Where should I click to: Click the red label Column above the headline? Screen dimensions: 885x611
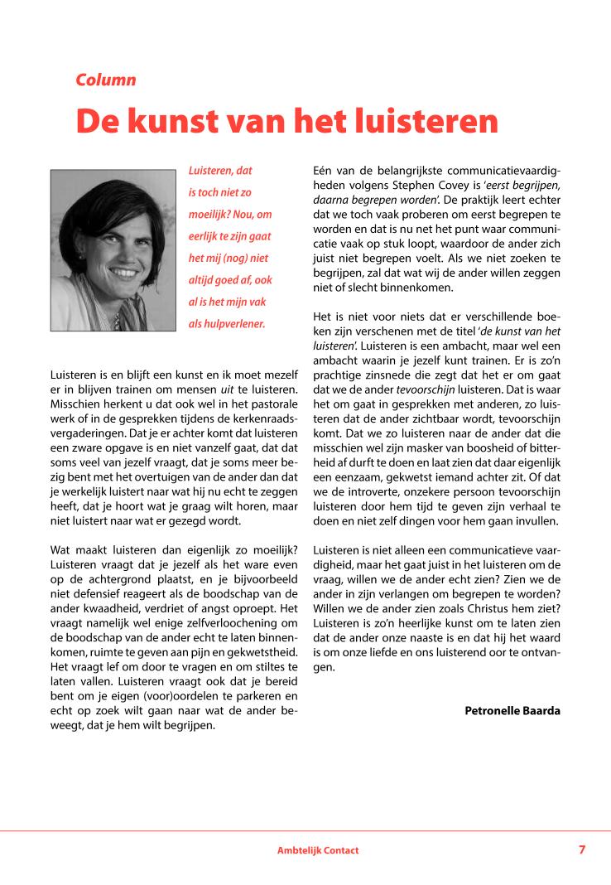pos(105,80)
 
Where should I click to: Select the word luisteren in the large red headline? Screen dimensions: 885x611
pos(426,121)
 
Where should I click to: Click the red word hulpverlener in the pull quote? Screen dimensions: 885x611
pos(238,323)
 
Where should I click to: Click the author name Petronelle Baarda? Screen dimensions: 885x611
pos(512,710)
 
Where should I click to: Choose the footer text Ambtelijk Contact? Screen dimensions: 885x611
pos(318,850)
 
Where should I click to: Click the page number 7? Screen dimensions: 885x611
pos(582,849)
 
